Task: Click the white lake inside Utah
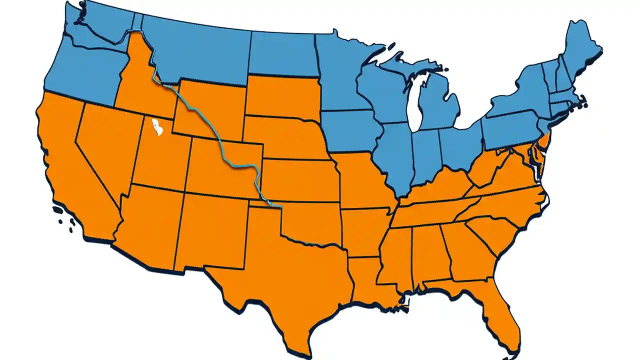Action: pos(157,127)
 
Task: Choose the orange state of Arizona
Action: pos(150,220)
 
